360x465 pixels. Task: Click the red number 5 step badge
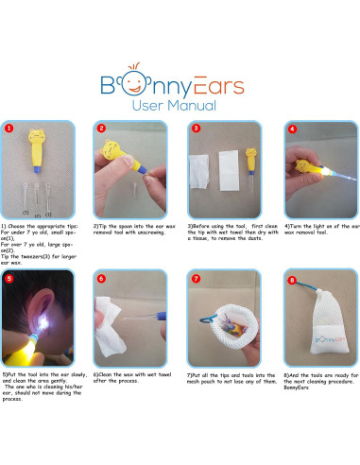[x=9, y=278]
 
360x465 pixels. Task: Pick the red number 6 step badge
[x=100, y=278]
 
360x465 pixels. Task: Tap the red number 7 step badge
[x=195, y=278]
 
